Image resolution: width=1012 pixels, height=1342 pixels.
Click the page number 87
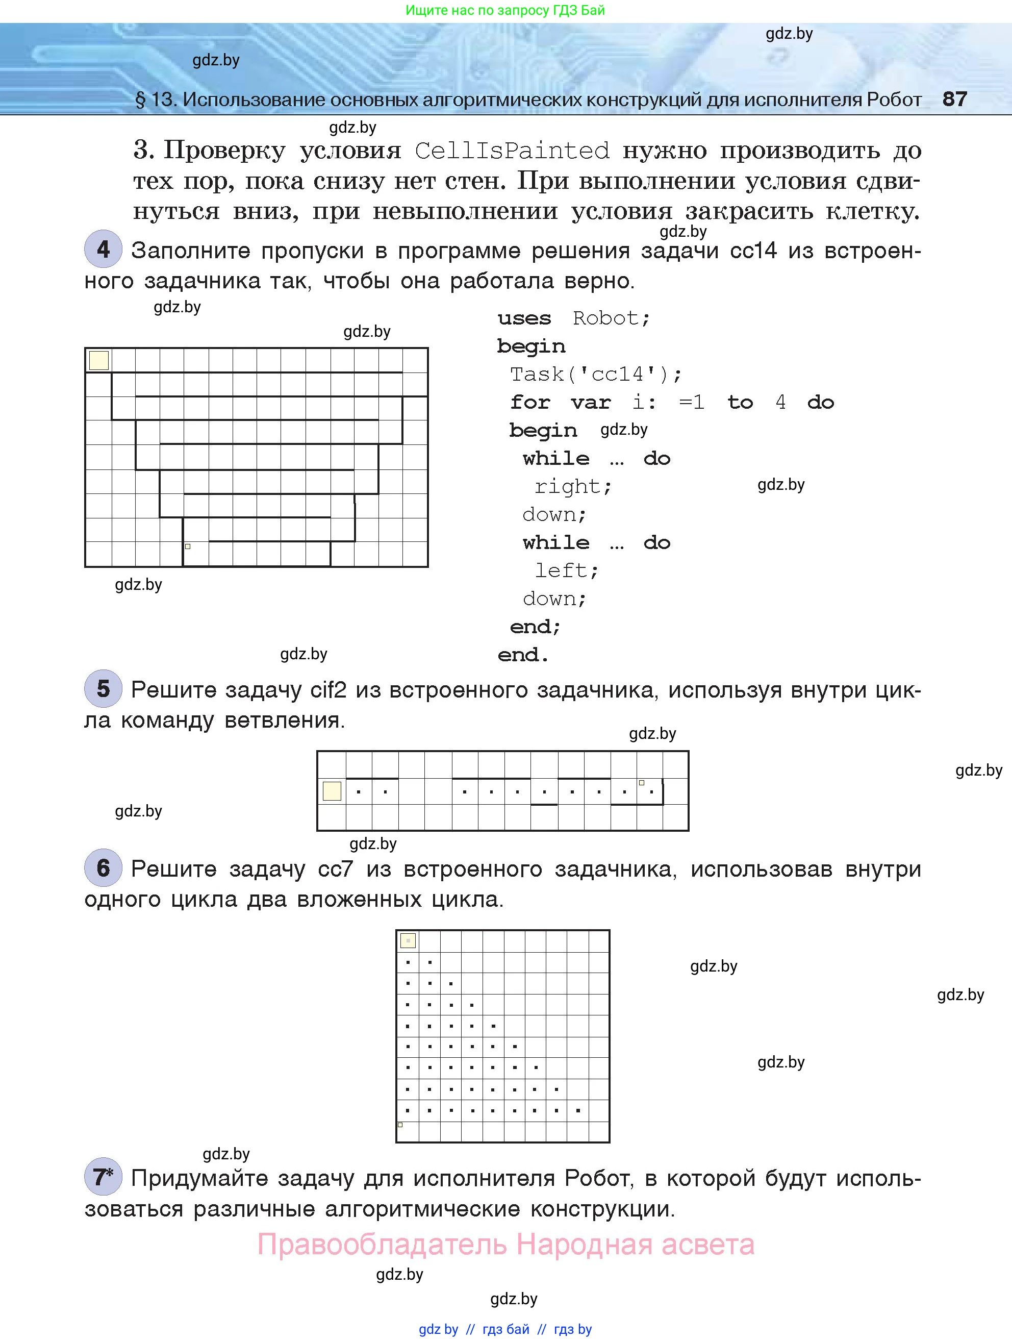(x=954, y=98)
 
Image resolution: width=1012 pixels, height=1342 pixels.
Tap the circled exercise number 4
(x=103, y=248)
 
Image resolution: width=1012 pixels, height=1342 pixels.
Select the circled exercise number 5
(x=103, y=688)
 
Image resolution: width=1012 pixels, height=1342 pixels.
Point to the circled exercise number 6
(x=103, y=867)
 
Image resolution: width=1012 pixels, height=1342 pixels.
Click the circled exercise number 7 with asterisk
(x=103, y=1177)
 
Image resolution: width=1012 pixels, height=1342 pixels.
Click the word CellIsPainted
(x=512, y=151)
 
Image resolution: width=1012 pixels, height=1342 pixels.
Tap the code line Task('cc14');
(x=595, y=374)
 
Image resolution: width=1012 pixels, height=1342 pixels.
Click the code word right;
(x=573, y=486)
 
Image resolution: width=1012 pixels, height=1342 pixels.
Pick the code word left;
(x=566, y=570)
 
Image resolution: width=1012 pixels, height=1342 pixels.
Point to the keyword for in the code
(x=529, y=402)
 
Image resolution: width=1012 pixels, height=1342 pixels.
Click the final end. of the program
(x=523, y=655)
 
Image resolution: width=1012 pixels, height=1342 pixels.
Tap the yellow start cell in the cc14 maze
(x=99, y=360)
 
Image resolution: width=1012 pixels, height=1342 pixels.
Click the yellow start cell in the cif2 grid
(x=332, y=791)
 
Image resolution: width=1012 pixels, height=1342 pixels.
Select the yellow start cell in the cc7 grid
(x=408, y=941)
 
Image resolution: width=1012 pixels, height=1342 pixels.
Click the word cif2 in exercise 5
(x=328, y=690)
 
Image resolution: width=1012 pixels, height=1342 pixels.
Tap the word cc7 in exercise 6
(x=335, y=869)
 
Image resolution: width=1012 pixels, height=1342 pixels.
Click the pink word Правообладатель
(x=382, y=1245)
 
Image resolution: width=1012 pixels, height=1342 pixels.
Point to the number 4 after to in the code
(x=780, y=402)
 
